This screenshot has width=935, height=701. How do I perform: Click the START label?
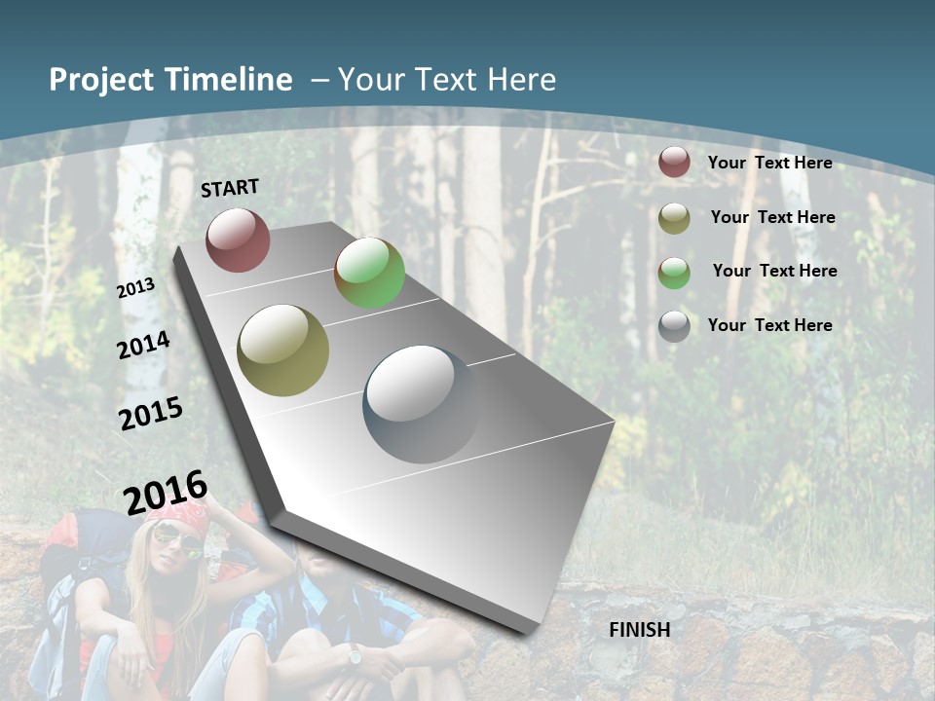[x=230, y=188]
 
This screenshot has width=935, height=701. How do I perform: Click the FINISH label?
[x=640, y=630]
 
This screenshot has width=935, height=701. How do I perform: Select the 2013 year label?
[x=136, y=287]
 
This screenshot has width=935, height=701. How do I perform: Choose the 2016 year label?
[x=166, y=492]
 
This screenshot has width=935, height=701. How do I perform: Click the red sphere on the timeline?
[x=238, y=240]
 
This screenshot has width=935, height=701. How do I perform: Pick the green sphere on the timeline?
[x=369, y=273]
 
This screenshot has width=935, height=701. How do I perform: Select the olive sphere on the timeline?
[x=283, y=350]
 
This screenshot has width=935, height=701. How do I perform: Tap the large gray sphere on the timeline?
[x=422, y=404]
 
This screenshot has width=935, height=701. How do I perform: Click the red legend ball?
[x=674, y=162]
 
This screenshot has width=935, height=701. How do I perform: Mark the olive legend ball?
[x=674, y=217]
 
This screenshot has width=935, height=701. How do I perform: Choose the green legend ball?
[x=674, y=272]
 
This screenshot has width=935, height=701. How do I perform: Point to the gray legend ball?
[x=674, y=326]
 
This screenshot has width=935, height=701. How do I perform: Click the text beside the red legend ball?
[x=769, y=163]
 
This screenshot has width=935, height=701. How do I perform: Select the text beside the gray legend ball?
[x=769, y=325]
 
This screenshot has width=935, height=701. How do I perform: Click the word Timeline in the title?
[x=229, y=80]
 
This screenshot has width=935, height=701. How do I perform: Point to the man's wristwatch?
[x=355, y=656]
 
